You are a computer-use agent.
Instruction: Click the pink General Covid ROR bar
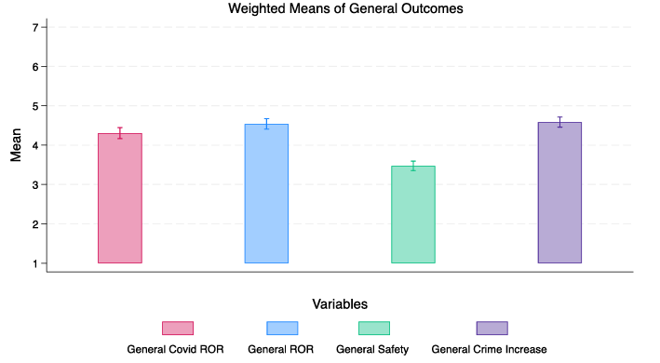(x=120, y=198)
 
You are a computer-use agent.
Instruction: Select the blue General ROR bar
(x=266, y=194)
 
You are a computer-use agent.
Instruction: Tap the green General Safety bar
(x=412, y=214)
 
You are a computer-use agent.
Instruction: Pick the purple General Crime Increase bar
(x=559, y=193)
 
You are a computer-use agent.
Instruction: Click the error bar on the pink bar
(x=120, y=133)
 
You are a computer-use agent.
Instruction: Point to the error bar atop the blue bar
(x=266, y=124)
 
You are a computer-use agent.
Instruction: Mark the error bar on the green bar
(x=412, y=166)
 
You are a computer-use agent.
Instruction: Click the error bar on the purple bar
(x=559, y=122)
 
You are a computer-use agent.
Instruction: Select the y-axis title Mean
(x=16, y=145)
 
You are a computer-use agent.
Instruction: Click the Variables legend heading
(x=339, y=303)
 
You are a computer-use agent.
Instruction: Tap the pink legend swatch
(x=178, y=328)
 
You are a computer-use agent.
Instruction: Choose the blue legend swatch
(x=282, y=328)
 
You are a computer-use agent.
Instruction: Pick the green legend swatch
(x=374, y=328)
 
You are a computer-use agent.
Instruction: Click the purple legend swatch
(x=492, y=328)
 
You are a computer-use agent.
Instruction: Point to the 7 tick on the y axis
(x=34, y=28)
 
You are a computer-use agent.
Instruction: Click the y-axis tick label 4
(x=34, y=145)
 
